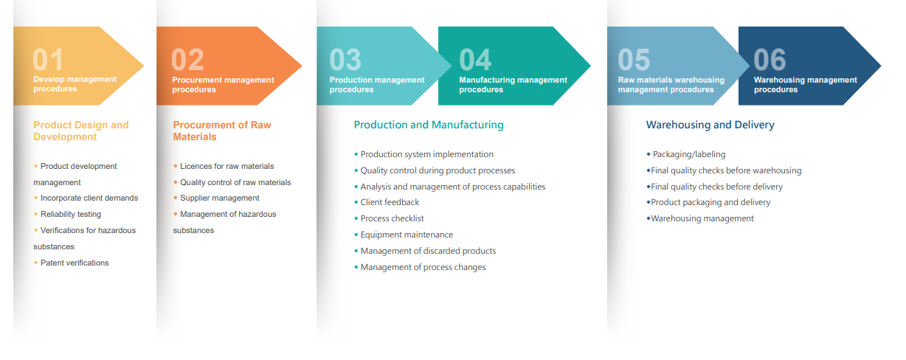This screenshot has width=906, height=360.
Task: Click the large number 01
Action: point(48,60)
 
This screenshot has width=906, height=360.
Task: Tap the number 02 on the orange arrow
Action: point(187,60)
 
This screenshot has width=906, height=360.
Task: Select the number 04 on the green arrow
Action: point(475,60)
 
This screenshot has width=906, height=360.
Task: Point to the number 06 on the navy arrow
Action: point(770,60)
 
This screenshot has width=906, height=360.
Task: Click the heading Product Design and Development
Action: point(81,131)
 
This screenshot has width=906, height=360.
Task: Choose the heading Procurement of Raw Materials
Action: point(222,131)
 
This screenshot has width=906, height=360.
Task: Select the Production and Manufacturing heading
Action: point(429,125)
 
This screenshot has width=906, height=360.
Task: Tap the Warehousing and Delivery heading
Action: point(710,125)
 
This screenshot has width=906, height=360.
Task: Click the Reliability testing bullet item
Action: point(71,214)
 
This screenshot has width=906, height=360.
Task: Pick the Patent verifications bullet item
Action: point(75,263)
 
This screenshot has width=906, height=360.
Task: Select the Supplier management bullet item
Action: point(220,198)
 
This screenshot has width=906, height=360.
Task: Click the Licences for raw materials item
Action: point(227,166)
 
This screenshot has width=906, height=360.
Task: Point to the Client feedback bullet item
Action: point(390,202)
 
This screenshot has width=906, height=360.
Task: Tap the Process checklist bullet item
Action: point(393,218)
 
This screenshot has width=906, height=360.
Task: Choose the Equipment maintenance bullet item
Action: point(407,235)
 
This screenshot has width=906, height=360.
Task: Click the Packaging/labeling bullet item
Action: point(689,154)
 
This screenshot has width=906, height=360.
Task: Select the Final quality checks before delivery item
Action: point(716,187)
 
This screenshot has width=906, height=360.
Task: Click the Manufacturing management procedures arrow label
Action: point(513,85)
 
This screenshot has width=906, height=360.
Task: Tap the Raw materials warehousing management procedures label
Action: point(671,85)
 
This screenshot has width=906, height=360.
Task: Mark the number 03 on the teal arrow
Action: point(345,60)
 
